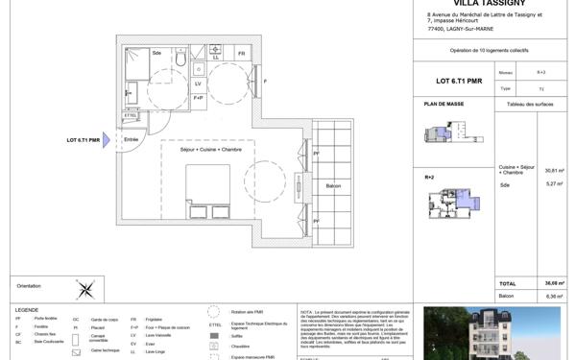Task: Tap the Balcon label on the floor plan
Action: [333, 185]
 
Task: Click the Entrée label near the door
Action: [132, 140]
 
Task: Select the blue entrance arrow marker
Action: [108, 141]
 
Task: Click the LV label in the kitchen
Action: [199, 83]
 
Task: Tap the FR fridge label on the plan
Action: [242, 54]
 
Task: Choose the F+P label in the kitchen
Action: [199, 97]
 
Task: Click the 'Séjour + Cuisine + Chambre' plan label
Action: [207, 150]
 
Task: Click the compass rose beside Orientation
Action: [85, 286]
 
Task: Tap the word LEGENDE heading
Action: [27, 309]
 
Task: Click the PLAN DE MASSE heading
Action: [443, 103]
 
